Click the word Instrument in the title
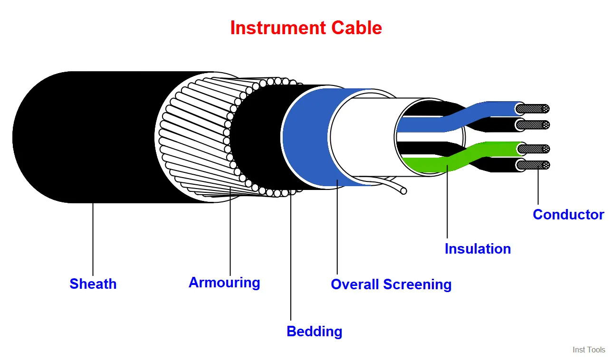pyautogui.click(x=278, y=28)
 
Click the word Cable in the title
pyautogui.click(x=356, y=28)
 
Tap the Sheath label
pyautogui.click(x=93, y=284)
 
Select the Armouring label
pyautogui.click(x=224, y=283)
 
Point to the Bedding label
pyautogui.click(x=314, y=332)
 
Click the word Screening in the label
pyautogui.click(x=417, y=284)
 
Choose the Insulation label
pyautogui.click(x=478, y=249)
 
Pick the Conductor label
pyautogui.click(x=568, y=215)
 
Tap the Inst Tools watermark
pyautogui.click(x=589, y=350)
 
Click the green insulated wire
pyautogui.click(x=462, y=157)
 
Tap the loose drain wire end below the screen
pyautogui.click(x=403, y=190)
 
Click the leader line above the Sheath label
pyautogui.click(x=93, y=239)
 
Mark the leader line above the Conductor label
pyautogui.click(x=538, y=187)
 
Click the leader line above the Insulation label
pyautogui.click(x=447, y=201)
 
